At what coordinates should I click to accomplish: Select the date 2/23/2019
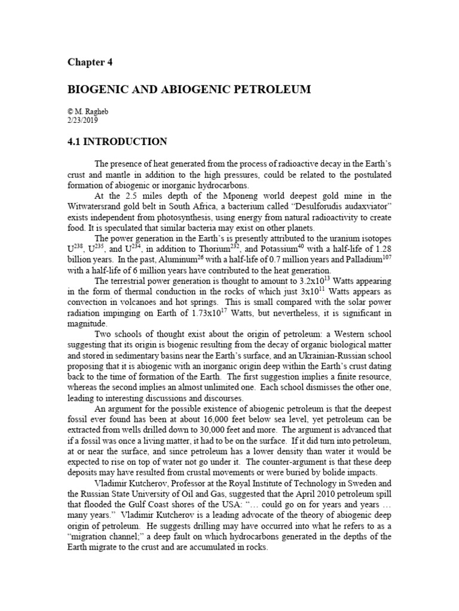85,119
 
